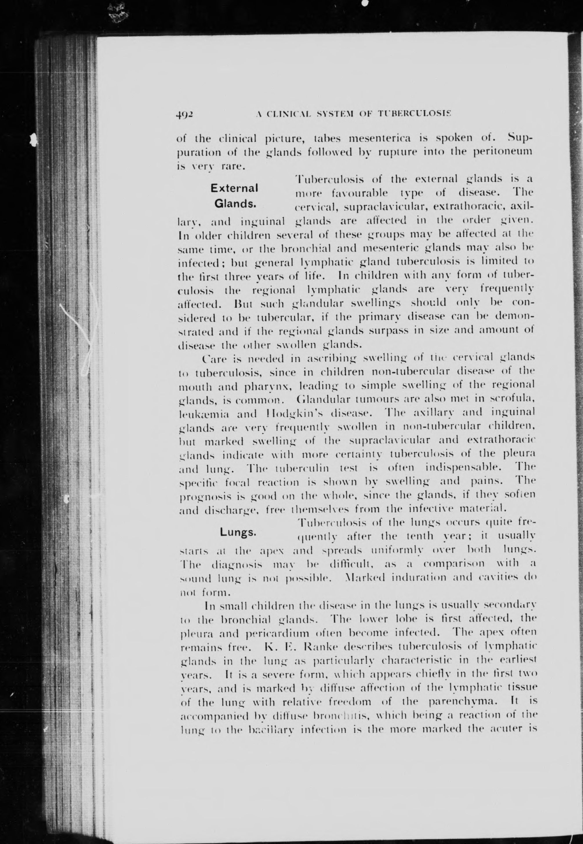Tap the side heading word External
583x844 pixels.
click(x=234, y=188)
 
